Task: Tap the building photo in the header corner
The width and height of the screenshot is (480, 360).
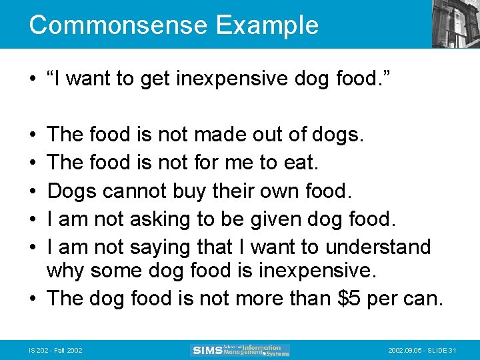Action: (x=455, y=24)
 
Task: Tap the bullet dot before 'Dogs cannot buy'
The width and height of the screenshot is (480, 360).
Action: (x=33, y=192)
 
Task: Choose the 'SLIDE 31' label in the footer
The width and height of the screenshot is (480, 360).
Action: (x=445, y=350)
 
